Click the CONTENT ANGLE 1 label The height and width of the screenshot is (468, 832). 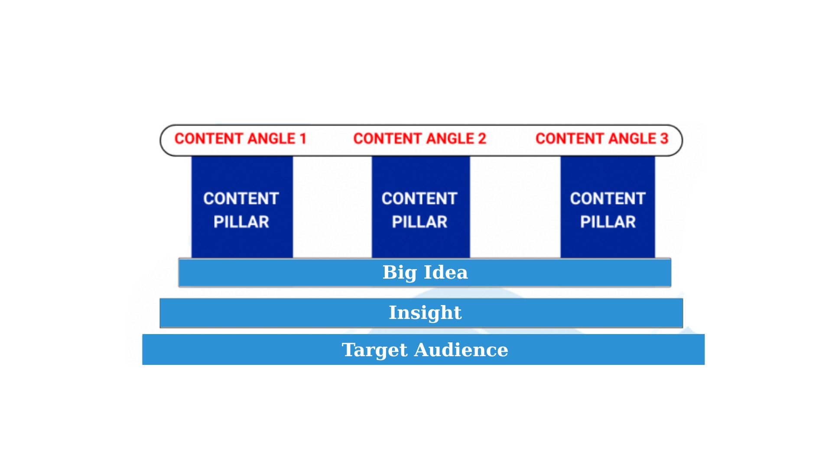pyautogui.click(x=240, y=139)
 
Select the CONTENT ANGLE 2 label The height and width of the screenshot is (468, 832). pyautogui.click(x=419, y=139)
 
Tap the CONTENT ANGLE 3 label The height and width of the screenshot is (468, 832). pyautogui.click(x=602, y=139)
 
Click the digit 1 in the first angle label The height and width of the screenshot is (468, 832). pyautogui.click(x=303, y=139)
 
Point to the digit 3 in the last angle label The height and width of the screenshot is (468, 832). pyautogui.click(x=664, y=139)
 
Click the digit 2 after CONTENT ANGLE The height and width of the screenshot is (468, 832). pyautogui.click(x=482, y=139)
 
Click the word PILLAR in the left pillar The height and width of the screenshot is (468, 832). pyautogui.click(x=241, y=222)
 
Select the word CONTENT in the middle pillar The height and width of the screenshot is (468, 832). pyautogui.click(x=419, y=198)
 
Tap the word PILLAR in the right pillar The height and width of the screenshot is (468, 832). pyautogui.click(x=608, y=222)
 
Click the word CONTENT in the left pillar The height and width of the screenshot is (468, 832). pyautogui.click(x=241, y=198)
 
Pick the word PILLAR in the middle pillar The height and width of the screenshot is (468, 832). pyautogui.click(x=419, y=222)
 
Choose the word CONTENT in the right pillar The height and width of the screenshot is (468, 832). pyautogui.click(x=608, y=198)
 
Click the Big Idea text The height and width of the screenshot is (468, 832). pyautogui.click(x=425, y=273)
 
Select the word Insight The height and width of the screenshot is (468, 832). pyautogui.click(x=425, y=313)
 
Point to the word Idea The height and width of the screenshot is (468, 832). pyautogui.click(x=446, y=272)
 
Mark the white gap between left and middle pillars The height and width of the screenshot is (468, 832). pyautogui.click(x=332, y=207)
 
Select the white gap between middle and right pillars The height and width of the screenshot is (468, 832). pyautogui.click(x=515, y=207)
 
